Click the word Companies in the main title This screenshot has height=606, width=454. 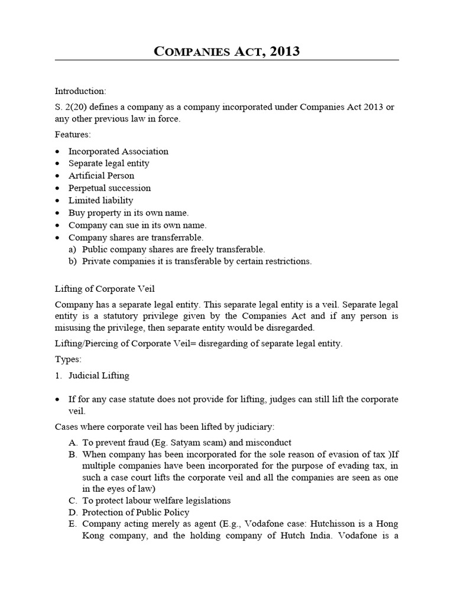tap(190, 51)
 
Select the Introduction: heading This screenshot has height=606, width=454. tap(80, 91)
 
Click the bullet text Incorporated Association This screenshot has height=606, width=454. tap(118, 151)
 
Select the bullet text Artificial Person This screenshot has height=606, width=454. tap(101, 175)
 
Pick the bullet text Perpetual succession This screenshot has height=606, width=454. tap(109, 188)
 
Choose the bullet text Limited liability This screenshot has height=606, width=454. tap(100, 200)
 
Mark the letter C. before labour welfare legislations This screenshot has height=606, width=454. tap(73, 500)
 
